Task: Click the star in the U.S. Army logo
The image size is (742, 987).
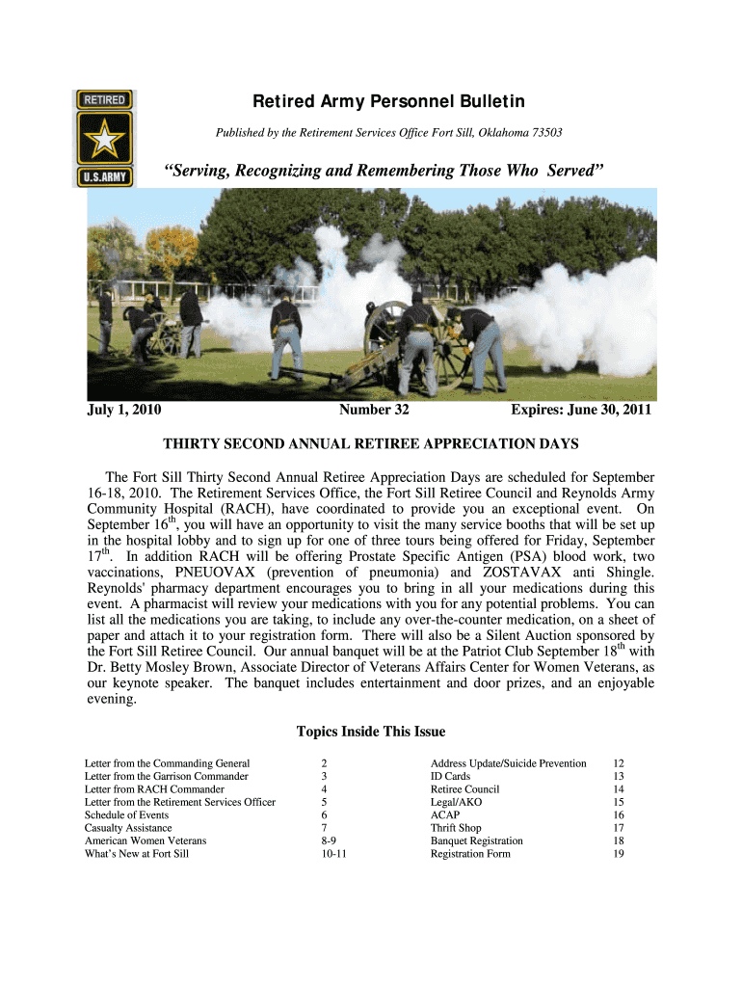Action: [106, 141]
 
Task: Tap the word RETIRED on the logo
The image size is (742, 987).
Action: [106, 98]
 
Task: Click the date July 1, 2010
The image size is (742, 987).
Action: [123, 410]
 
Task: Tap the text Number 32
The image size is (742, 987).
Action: [374, 410]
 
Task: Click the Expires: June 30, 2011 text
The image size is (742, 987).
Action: [581, 410]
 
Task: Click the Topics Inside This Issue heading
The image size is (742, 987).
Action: [370, 732]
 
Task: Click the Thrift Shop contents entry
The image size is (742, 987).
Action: [456, 828]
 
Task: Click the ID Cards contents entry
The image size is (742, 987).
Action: [450, 776]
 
